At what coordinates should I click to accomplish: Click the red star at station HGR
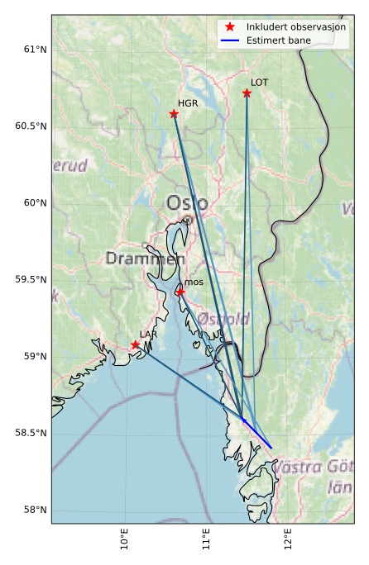174,114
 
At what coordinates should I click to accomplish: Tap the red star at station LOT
247,93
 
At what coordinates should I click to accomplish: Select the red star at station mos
180,292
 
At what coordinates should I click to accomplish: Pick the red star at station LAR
135,344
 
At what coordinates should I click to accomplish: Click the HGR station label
188,103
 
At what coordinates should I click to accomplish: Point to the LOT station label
260,83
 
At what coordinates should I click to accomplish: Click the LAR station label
148,335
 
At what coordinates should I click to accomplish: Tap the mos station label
194,282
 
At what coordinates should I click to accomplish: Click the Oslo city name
187,203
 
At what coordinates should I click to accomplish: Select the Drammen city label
145,259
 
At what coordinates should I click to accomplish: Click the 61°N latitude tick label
32,50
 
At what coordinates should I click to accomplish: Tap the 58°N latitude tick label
32,510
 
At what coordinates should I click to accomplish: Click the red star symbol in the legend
230,27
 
